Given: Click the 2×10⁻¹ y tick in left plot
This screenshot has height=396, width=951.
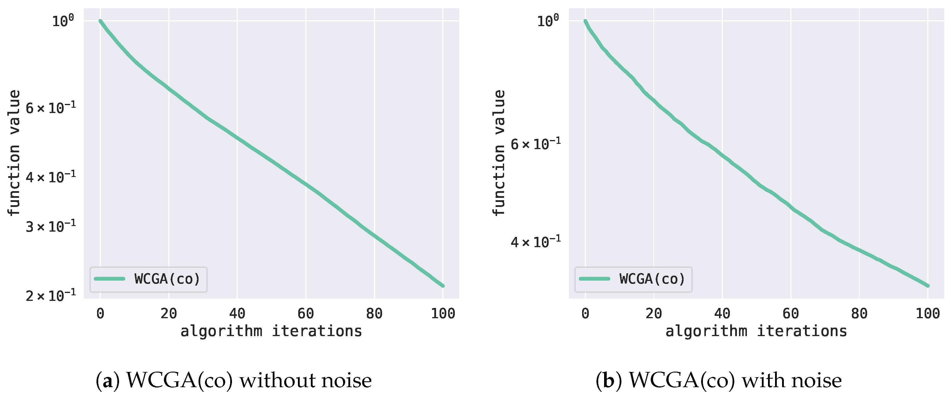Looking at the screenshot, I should coord(50,296).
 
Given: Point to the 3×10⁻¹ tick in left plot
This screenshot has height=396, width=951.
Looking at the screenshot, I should coord(50,225).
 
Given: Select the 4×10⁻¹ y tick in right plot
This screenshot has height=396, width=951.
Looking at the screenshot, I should coord(535,242).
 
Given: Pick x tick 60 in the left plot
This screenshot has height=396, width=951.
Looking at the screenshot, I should coord(306,314).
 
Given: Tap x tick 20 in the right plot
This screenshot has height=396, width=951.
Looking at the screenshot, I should coord(653,314).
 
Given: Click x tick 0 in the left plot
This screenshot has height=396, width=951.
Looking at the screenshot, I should coord(100,314).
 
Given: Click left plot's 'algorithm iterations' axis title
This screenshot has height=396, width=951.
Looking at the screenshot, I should coord(271,331).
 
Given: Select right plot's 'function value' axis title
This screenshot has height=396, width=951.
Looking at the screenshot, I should coord(499,153).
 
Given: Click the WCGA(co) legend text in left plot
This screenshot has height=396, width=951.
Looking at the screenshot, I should coord(167,279).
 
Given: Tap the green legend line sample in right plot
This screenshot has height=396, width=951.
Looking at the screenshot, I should coord(594,279).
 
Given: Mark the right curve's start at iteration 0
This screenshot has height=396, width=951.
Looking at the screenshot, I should coord(585,21).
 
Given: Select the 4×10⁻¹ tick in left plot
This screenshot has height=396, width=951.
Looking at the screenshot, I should coord(50,177).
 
